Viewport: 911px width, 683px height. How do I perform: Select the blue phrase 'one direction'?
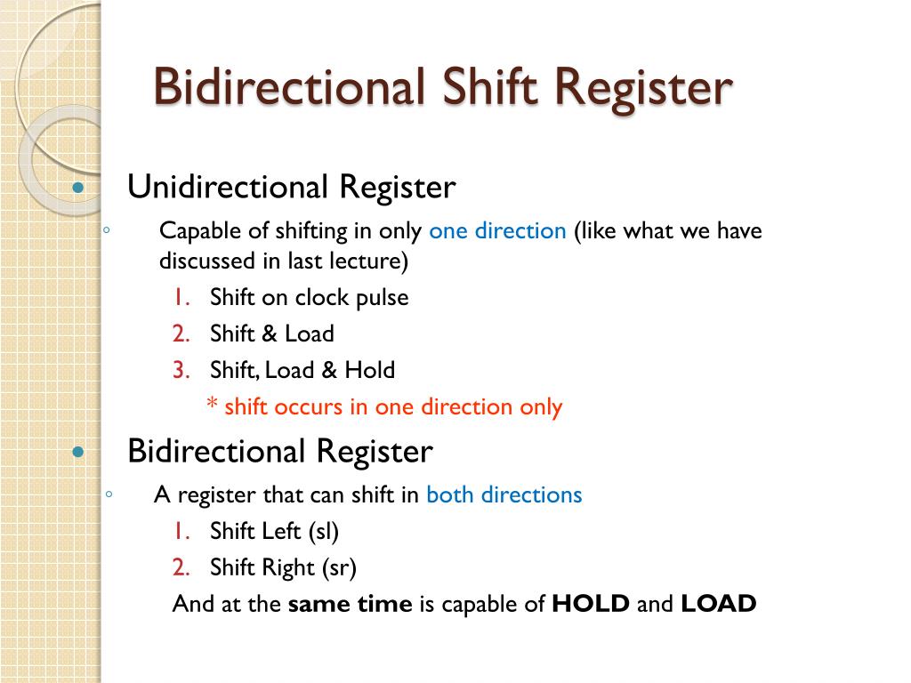pyautogui.click(x=497, y=231)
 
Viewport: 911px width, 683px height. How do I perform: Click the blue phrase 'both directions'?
pyautogui.click(x=504, y=494)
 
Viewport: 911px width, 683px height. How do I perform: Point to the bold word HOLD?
pyautogui.click(x=591, y=604)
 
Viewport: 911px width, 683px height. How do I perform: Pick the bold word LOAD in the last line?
pyautogui.click(x=719, y=604)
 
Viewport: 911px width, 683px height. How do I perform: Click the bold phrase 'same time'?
pyautogui.click(x=351, y=604)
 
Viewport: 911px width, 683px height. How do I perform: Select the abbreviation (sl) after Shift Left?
pyautogui.click(x=323, y=532)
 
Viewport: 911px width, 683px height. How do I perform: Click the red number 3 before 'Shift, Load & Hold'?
pyautogui.click(x=181, y=370)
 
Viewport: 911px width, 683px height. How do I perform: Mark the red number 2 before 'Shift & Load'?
pyautogui.click(x=181, y=334)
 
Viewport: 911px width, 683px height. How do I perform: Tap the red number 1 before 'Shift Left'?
pyautogui.click(x=181, y=532)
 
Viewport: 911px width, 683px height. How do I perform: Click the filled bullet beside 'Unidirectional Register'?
pyautogui.click(x=78, y=189)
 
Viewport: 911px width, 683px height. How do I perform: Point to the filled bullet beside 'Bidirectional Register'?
pyautogui.click(x=78, y=452)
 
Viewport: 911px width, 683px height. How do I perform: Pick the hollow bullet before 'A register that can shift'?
pyautogui.click(x=107, y=494)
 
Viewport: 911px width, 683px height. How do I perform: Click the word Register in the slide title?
pyautogui.click(x=647, y=88)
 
